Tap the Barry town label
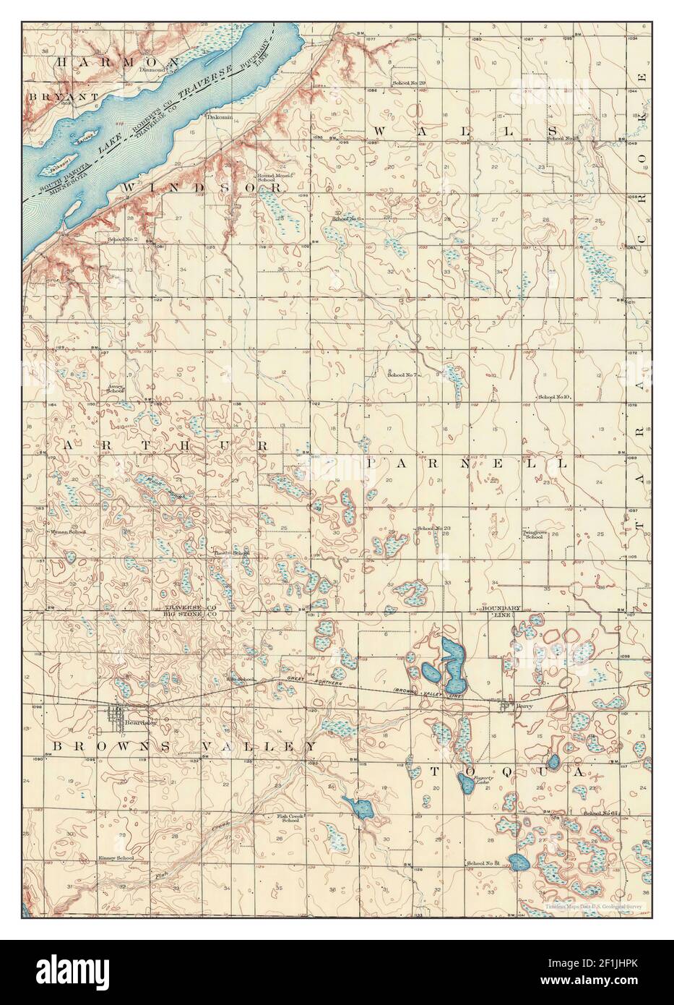(x=514, y=707)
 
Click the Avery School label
(x=116, y=388)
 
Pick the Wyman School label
(x=68, y=532)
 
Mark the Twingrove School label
(x=533, y=534)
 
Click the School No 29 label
(x=409, y=84)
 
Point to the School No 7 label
(x=403, y=375)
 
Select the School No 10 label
(x=555, y=398)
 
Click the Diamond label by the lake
(x=152, y=70)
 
